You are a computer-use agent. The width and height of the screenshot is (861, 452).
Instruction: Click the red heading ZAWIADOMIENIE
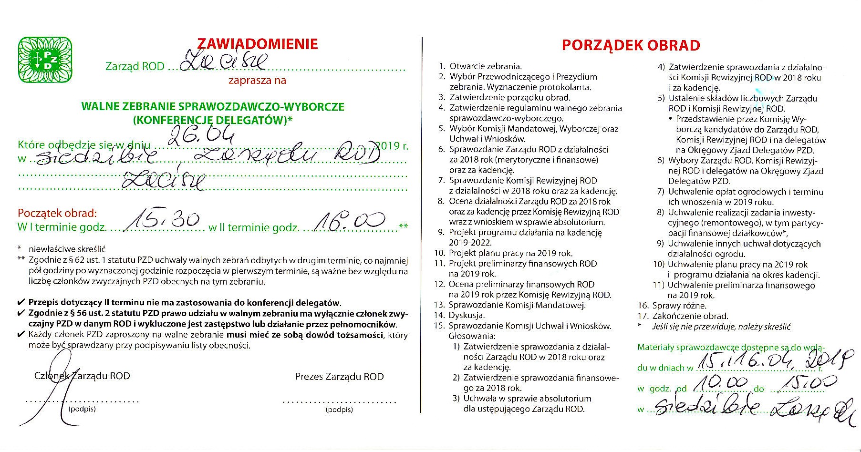pyautogui.click(x=257, y=44)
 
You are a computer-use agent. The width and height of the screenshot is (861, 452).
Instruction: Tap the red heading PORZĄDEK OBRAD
pyautogui.click(x=631, y=45)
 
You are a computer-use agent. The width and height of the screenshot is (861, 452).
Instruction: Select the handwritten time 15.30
pyautogui.click(x=165, y=220)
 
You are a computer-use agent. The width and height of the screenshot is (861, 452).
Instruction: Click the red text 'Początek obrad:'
pyautogui.click(x=57, y=213)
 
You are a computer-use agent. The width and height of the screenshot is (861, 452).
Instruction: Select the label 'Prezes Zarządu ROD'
pyautogui.click(x=339, y=377)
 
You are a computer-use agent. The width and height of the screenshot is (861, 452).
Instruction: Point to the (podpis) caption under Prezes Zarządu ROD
pyautogui.click(x=339, y=410)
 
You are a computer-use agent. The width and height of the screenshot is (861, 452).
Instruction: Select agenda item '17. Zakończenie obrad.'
pyautogui.click(x=683, y=316)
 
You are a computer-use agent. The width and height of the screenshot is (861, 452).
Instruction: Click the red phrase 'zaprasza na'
pyautogui.click(x=257, y=80)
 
